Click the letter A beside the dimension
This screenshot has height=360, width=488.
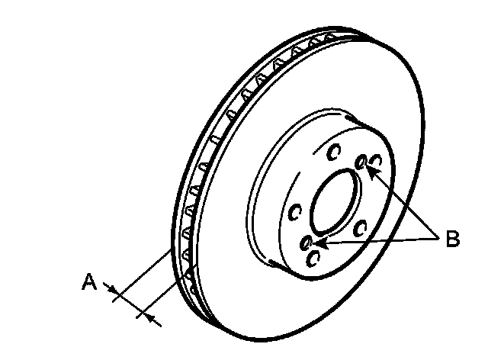tap(89, 283)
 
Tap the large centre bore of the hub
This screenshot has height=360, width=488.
tap(330, 205)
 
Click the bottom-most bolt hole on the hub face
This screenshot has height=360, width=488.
tap(311, 259)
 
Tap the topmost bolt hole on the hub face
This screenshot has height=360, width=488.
tap(332, 153)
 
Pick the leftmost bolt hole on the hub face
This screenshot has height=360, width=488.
tap(293, 214)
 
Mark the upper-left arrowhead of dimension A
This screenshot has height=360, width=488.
tap(112, 289)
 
